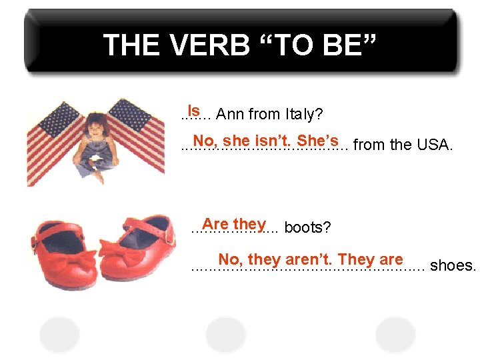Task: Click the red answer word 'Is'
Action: pos(193,109)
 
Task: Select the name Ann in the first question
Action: pos(230,115)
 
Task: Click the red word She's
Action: pos(318,141)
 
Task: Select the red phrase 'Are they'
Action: pos(234,224)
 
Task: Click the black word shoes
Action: pos(453,266)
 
